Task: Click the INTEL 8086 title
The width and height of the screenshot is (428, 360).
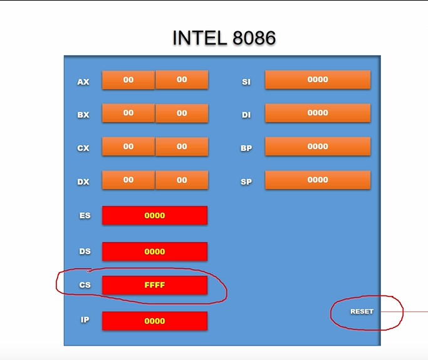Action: (x=224, y=38)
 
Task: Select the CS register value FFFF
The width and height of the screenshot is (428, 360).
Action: (x=155, y=285)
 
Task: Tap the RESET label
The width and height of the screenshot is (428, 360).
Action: (x=362, y=311)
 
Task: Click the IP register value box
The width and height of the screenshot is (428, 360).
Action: (x=155, y=321)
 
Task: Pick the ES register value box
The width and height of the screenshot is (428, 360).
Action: (x=155, y=216)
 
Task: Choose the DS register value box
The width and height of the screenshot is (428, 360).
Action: (x=155, y=251)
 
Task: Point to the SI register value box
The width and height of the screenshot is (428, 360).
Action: (x=318, y=80)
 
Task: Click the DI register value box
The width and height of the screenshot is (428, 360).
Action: (x=318, y=113)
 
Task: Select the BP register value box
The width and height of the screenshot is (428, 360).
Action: (x=318, y=147)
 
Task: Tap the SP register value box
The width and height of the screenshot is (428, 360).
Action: (x=318, y=180)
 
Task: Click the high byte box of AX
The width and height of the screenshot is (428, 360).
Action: (x=128, y=80)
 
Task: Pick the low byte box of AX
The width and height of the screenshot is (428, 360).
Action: (x=182, y=80)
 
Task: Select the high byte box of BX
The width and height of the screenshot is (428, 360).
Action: (x=128, y=113)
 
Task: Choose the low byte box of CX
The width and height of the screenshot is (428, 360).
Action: (x=182, y=147)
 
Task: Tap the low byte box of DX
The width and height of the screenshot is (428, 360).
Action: (x=182, y=180)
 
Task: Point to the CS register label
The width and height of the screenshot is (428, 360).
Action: (x=85, y=285)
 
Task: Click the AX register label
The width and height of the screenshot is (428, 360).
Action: (x=83, y=82)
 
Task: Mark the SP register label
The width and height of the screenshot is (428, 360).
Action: (x=246, y=182)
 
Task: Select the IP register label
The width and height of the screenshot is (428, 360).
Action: (x=85, y=320)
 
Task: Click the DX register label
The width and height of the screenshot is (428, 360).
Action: (x=83, y=182)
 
